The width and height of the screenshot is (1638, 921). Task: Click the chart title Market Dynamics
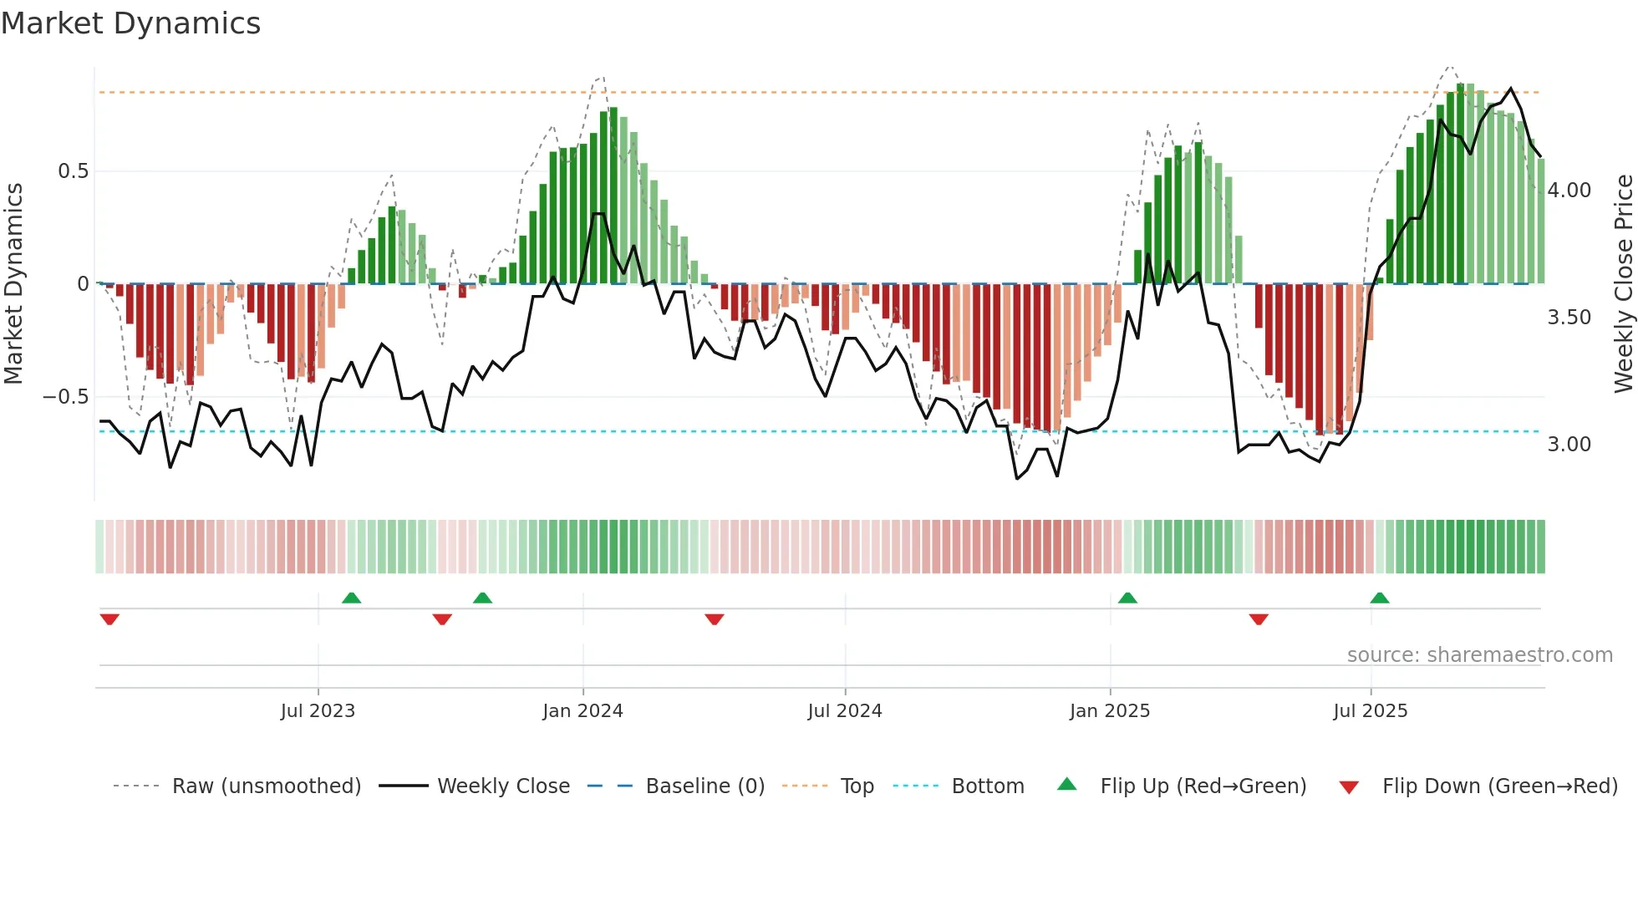coord(130,23)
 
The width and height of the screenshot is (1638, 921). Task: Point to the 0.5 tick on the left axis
coord(73,171)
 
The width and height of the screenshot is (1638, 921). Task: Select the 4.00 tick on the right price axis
coord(1569,191)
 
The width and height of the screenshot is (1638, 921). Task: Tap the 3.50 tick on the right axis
coord(1569,318)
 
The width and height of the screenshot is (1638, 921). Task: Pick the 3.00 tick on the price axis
coord(1569,445)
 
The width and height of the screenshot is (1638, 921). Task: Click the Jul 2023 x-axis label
coord(318,711)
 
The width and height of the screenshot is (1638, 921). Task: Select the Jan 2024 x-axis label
coord(582,711)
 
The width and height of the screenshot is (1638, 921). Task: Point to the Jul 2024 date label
coord(844,711)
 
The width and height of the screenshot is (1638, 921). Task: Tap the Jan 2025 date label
coord(1109,711)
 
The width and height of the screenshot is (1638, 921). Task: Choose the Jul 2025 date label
coord(1370,711)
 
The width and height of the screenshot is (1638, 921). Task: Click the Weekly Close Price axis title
coord(1623,284)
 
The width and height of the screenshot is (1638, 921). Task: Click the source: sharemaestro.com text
coord(1479,655)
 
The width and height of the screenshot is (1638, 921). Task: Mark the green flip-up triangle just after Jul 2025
coord(1380,598)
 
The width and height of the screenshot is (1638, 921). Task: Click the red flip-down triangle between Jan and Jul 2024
coord(714,619)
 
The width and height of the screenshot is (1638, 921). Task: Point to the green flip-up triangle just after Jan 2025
coord(1127,598)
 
